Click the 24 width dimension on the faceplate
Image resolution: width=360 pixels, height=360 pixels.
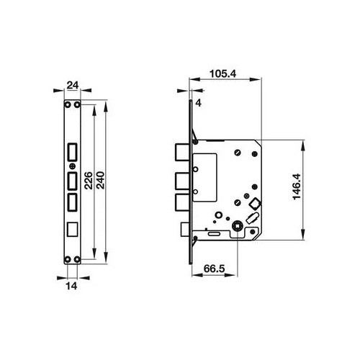(71, 85)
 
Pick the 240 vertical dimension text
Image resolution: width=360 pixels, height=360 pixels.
(102, 180)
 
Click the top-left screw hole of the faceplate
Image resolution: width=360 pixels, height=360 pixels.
(66, 105)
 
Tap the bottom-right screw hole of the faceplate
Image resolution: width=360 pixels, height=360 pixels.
(76, 260)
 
